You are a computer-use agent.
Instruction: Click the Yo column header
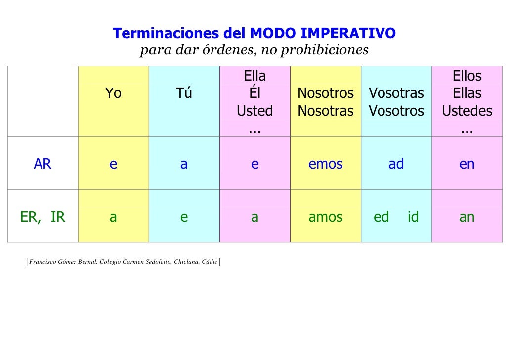click(x=113, y=93)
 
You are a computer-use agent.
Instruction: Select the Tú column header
click(x=184, y=93)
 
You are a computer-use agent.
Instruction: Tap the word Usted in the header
click(x=254, y=111)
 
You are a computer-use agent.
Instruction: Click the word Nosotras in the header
click(x=326, y=111)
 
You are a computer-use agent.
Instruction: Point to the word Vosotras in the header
click(x=396, y=93)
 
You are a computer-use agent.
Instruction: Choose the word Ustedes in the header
click(x=467, y=111)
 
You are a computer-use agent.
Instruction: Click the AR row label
click(x=42, y=164)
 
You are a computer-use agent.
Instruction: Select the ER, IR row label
click(x=42, y=217)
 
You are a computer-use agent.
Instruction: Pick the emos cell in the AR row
click(x=326, y=164)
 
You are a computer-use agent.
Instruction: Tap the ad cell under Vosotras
click(x=396, y=164)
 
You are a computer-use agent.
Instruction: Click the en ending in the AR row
click(x=467, y=164)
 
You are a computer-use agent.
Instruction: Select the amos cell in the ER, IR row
click(x=326, y=217)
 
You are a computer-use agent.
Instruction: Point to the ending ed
click(x=382, y=217)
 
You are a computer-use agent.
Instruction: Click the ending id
click(x=413, y=217)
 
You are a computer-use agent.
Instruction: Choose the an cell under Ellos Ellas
click(x=467, y=217)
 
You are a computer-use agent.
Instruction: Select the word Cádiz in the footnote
click(x=210, y=261)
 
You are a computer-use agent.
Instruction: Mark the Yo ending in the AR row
click(x=113, y=164)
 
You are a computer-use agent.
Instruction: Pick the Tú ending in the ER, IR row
click(x=184, y=217)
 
